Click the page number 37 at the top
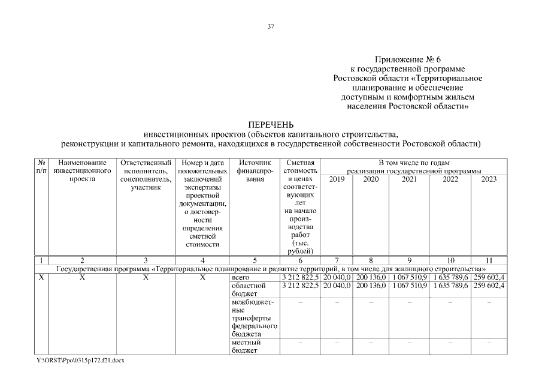(271, 26)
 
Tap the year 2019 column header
(337, 179)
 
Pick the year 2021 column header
(410, 179)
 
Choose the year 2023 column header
(489, 179)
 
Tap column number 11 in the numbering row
(489, 260)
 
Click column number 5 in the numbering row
(255, 260)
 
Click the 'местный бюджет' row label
(246, 346)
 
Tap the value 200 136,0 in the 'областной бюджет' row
(371, 286)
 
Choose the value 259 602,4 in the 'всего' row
(489, 277)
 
